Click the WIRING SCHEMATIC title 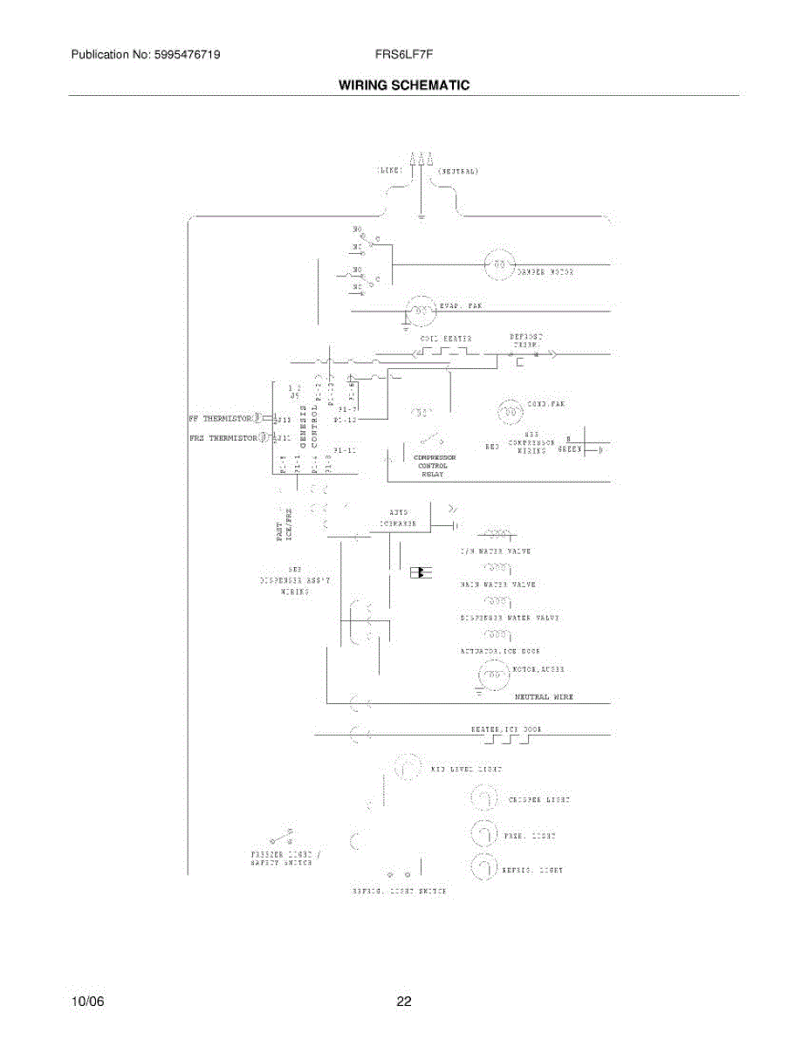point(404,86)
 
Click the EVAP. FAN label point(462,306)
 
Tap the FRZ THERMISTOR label point(222,437)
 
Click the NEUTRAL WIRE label point(544,697)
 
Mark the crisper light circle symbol point(483,798)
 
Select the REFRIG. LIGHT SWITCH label point(399,892)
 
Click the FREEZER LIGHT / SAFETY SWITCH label point(283,857)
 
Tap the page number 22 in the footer point(403,1002)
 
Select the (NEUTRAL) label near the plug point(457,171)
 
